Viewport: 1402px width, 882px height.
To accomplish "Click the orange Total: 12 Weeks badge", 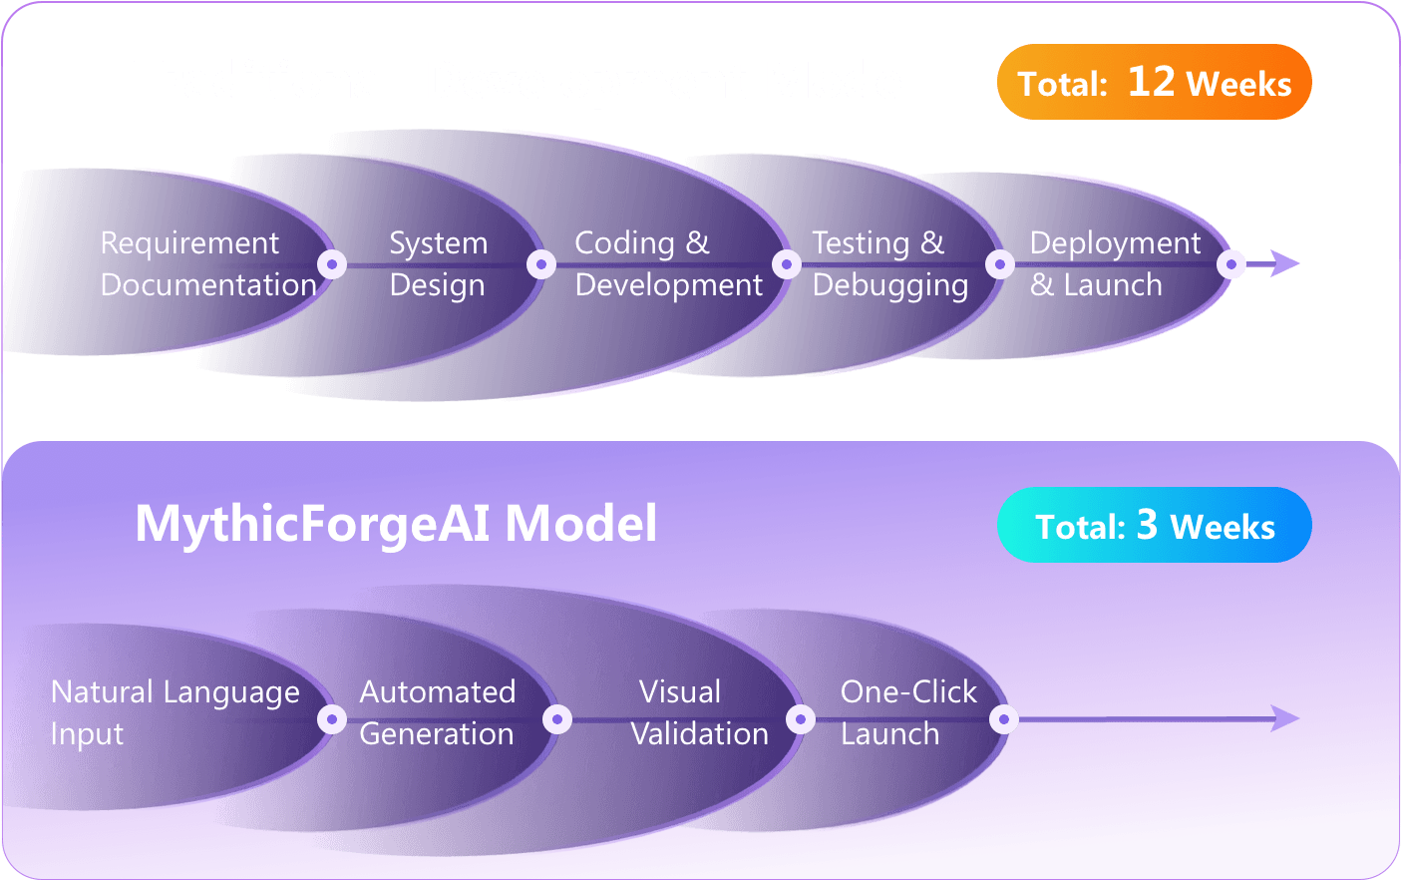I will tap(1154, 83).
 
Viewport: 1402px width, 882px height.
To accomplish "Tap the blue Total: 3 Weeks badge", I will tap(1154, 525).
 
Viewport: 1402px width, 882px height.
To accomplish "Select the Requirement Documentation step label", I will tap(208, 263).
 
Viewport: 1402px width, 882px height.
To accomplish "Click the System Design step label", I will tap(438, 263).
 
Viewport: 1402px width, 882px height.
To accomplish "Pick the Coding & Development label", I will tap(668, 263).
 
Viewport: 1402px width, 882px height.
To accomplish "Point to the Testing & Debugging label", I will tap(889, 263).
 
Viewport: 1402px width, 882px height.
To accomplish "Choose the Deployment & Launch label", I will tap(1114, 263).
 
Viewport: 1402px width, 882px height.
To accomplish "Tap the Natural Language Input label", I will tap(175, 712).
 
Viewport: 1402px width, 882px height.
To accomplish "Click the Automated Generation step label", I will tap(437, 712).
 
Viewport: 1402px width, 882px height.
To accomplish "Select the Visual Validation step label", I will tap(699, 712).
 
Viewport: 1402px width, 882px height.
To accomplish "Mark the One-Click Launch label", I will tap(907, 712).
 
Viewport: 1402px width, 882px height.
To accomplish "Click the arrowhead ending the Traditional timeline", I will tap(1287, 264).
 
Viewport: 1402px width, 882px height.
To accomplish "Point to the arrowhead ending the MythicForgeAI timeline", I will tap(1287, 718).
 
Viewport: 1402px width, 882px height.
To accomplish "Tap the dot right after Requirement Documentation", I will tap(332, 264).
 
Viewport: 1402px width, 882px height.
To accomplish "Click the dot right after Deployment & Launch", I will tap(1231, 264).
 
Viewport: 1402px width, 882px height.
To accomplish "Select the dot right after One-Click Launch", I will tap(1004, 719).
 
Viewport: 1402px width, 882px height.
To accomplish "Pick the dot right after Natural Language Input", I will tap(332, 719).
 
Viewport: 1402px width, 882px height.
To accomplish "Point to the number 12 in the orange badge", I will tap(1151, 82).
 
